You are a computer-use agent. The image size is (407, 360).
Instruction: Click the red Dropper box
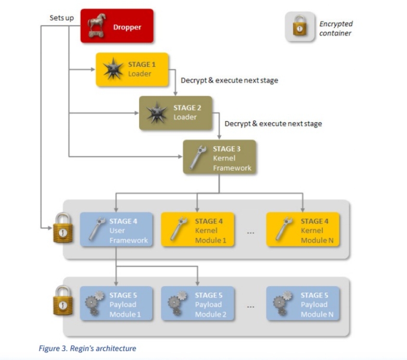coord(117,26)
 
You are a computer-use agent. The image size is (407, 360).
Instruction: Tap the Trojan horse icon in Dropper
coord(97,25)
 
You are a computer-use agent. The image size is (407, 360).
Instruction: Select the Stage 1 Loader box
coord(132,69)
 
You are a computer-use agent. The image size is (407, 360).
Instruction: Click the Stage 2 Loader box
coord(176,113)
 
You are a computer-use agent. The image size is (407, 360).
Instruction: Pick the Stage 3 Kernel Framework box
coord(219,157)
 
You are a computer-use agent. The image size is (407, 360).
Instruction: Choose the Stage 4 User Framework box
coord(116,229)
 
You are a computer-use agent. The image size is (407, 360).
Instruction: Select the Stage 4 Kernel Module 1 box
coord(197,229)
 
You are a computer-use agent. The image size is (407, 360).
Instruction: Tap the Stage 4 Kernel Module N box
coord(303,229)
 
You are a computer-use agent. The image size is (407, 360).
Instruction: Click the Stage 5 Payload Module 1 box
coord(116,304)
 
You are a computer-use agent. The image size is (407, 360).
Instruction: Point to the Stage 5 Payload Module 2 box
coord(197,304)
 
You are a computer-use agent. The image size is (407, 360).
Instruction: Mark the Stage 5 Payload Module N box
coord(303,304)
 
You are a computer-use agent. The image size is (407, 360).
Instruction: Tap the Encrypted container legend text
coord(336,28)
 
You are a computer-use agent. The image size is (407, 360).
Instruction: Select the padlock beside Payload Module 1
coord(63,301)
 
